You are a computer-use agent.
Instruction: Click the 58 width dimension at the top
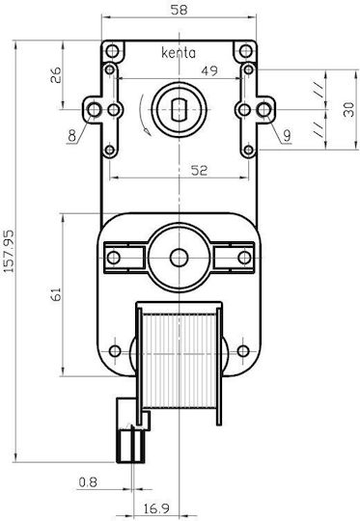pyautogui.click(x=179, y=10)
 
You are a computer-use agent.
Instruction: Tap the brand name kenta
pyautogui.click(x=179, y=53)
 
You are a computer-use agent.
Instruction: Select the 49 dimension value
pyautogui.click(x=209, y=70)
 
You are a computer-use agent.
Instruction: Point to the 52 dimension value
pyautogui.click(x=199, y=171)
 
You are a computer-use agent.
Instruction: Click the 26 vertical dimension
pyautogui.click(x=56, y=74)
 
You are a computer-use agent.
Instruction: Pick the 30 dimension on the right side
pyautogui.click(x=348, y=110)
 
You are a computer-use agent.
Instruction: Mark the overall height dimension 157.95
pyautogui.click(x=9, y=251)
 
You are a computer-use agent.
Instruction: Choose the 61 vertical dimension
pyautogui.click(x=56, y=294)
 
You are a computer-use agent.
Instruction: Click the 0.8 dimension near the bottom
pyautogui.click(x=88, y=482)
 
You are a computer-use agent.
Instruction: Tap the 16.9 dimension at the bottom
pyautogui.click(x=156, y=508)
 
